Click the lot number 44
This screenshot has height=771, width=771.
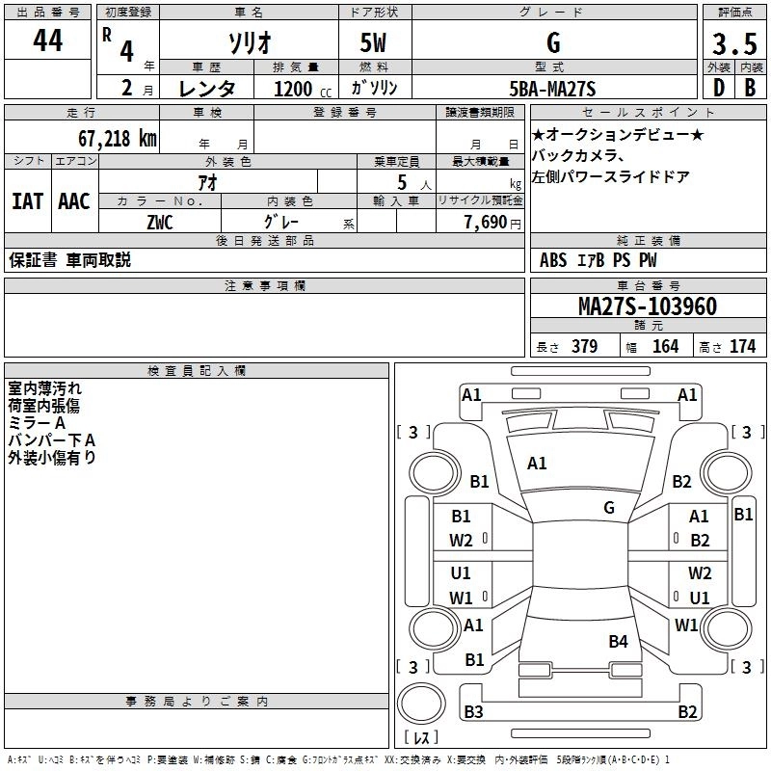pyautogui.click(x=47, y=41)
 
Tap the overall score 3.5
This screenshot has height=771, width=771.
pyautogui.click(x=733, y=44)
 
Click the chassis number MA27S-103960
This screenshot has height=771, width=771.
pyautogui.click(x=647, y=306)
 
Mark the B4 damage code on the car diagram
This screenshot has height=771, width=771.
pyautogui.click(x=618, y=642)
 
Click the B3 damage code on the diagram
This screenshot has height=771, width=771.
pyautogui.click(x=473, y=712)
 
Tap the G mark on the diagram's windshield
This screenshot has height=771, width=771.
pyautogui.click(x=609, y=507)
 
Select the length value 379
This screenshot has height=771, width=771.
pyautogui.click(x=583, y=347)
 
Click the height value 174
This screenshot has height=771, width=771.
pyautogui.click(x=742, y=347)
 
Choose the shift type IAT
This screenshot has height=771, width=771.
pyautogui.click(x=27, y=201)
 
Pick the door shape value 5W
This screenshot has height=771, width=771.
pyautogui.click(x=375, y=43)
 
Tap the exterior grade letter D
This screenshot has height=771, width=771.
pyautogui.click(x=717, y=89)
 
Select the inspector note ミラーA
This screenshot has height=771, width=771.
pyautogui.click(x=37, y=423)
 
